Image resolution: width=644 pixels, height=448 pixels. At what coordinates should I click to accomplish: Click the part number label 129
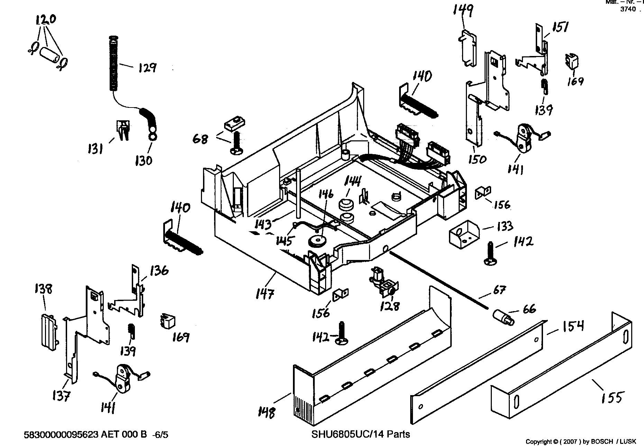(x=147, y=67)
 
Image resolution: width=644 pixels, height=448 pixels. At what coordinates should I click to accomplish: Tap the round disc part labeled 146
(x=316, y=241)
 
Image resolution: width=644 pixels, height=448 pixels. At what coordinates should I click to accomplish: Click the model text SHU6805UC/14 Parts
(x=360, y=434)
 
